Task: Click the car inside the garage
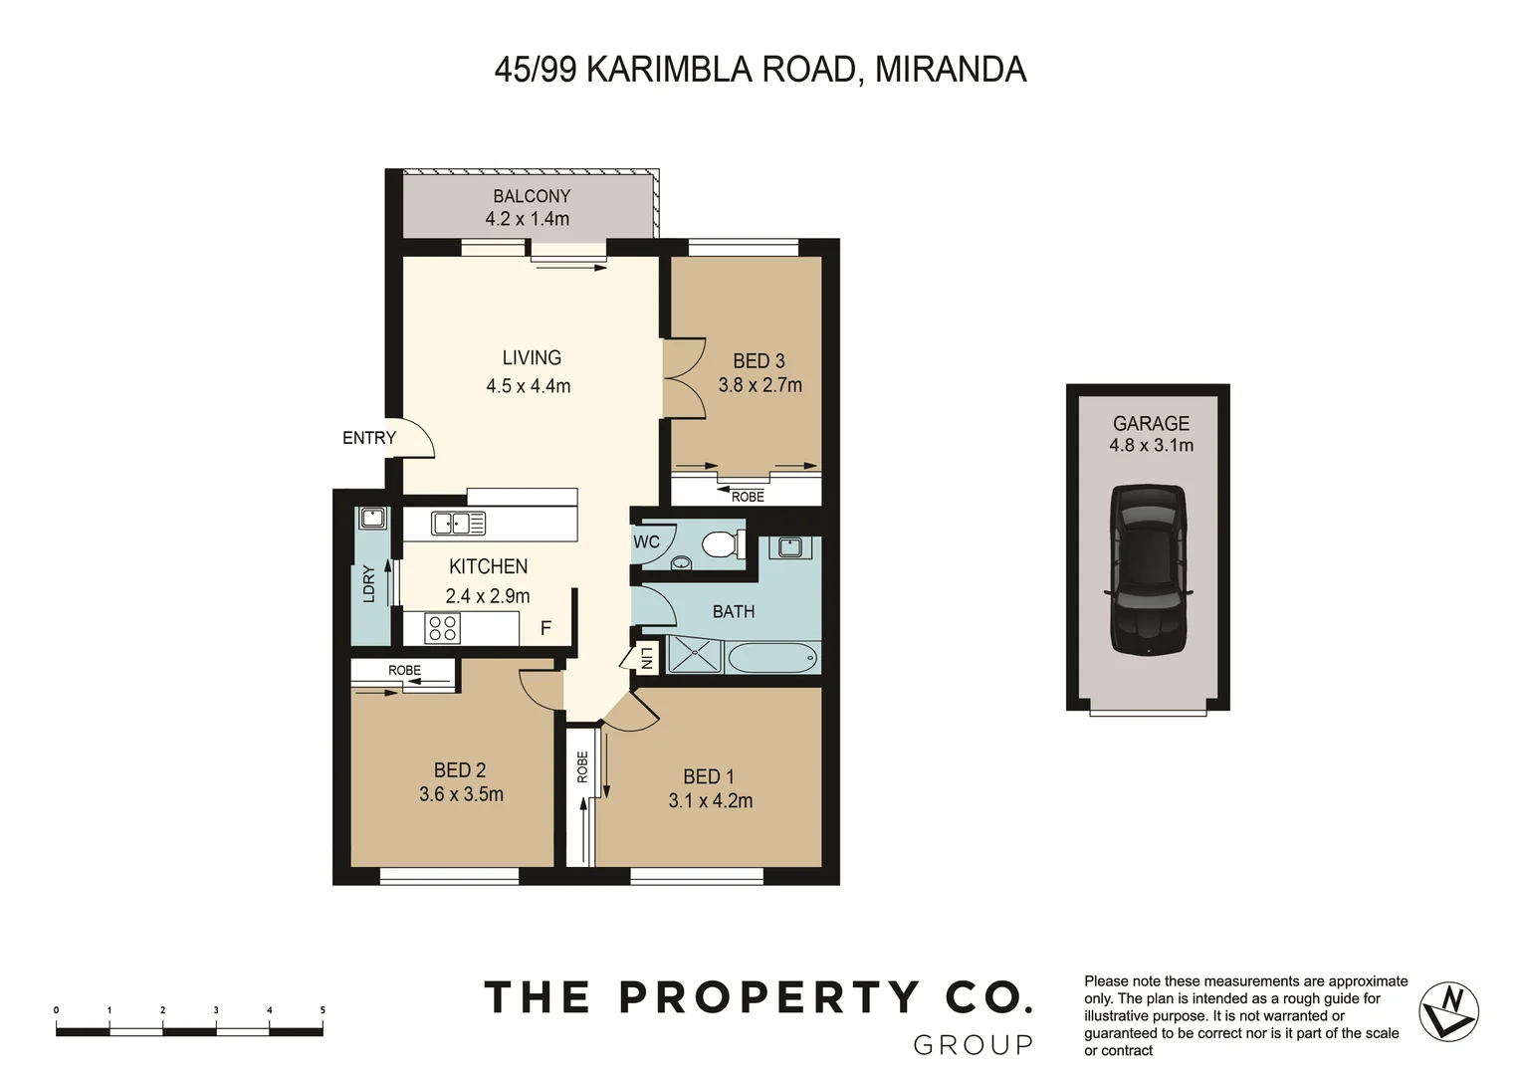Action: pyautogui.click(x=1148, y=569)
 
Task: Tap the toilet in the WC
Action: pyautogui.click(x=721, y=544)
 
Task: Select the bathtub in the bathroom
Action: pyautogui.click(x=772, y=657)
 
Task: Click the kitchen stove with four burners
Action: pyautogui.click(x=442, y=628)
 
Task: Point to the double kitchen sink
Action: pyautogui.click(x=458, y=523)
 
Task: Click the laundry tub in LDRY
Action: pyautogui.click(x=372, y=518)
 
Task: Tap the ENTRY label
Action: pyautogui.click(x=368, y=438)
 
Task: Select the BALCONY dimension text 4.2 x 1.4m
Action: pyautogui.click(x=527, y=219)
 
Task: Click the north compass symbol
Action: pyautogui.click(x=1448, y=1011)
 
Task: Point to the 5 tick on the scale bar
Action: pyautogui.click(x=323, y=1011)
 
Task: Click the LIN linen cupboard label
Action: pyautogui.click(x=645, y=658)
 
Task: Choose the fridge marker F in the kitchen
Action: pyautogui.click(x=545, y=628)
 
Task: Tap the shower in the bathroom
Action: pyautogui.click(x=695, y=656)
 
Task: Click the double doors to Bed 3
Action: pyautogui.click(x=684, y=378)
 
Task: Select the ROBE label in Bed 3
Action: pyautogui.click(x=748, y=497)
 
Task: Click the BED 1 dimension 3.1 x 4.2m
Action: pyautogui.click(x=710, y=800)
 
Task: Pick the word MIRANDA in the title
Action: pyautogui.click(x=950, y=70)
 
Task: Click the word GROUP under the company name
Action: pyautogui.click(x=973, y=1045)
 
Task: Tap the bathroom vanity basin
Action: pyautogui.click(x=790, y=546)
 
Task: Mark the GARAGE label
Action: pyautogui.click(x=1151, y=423)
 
